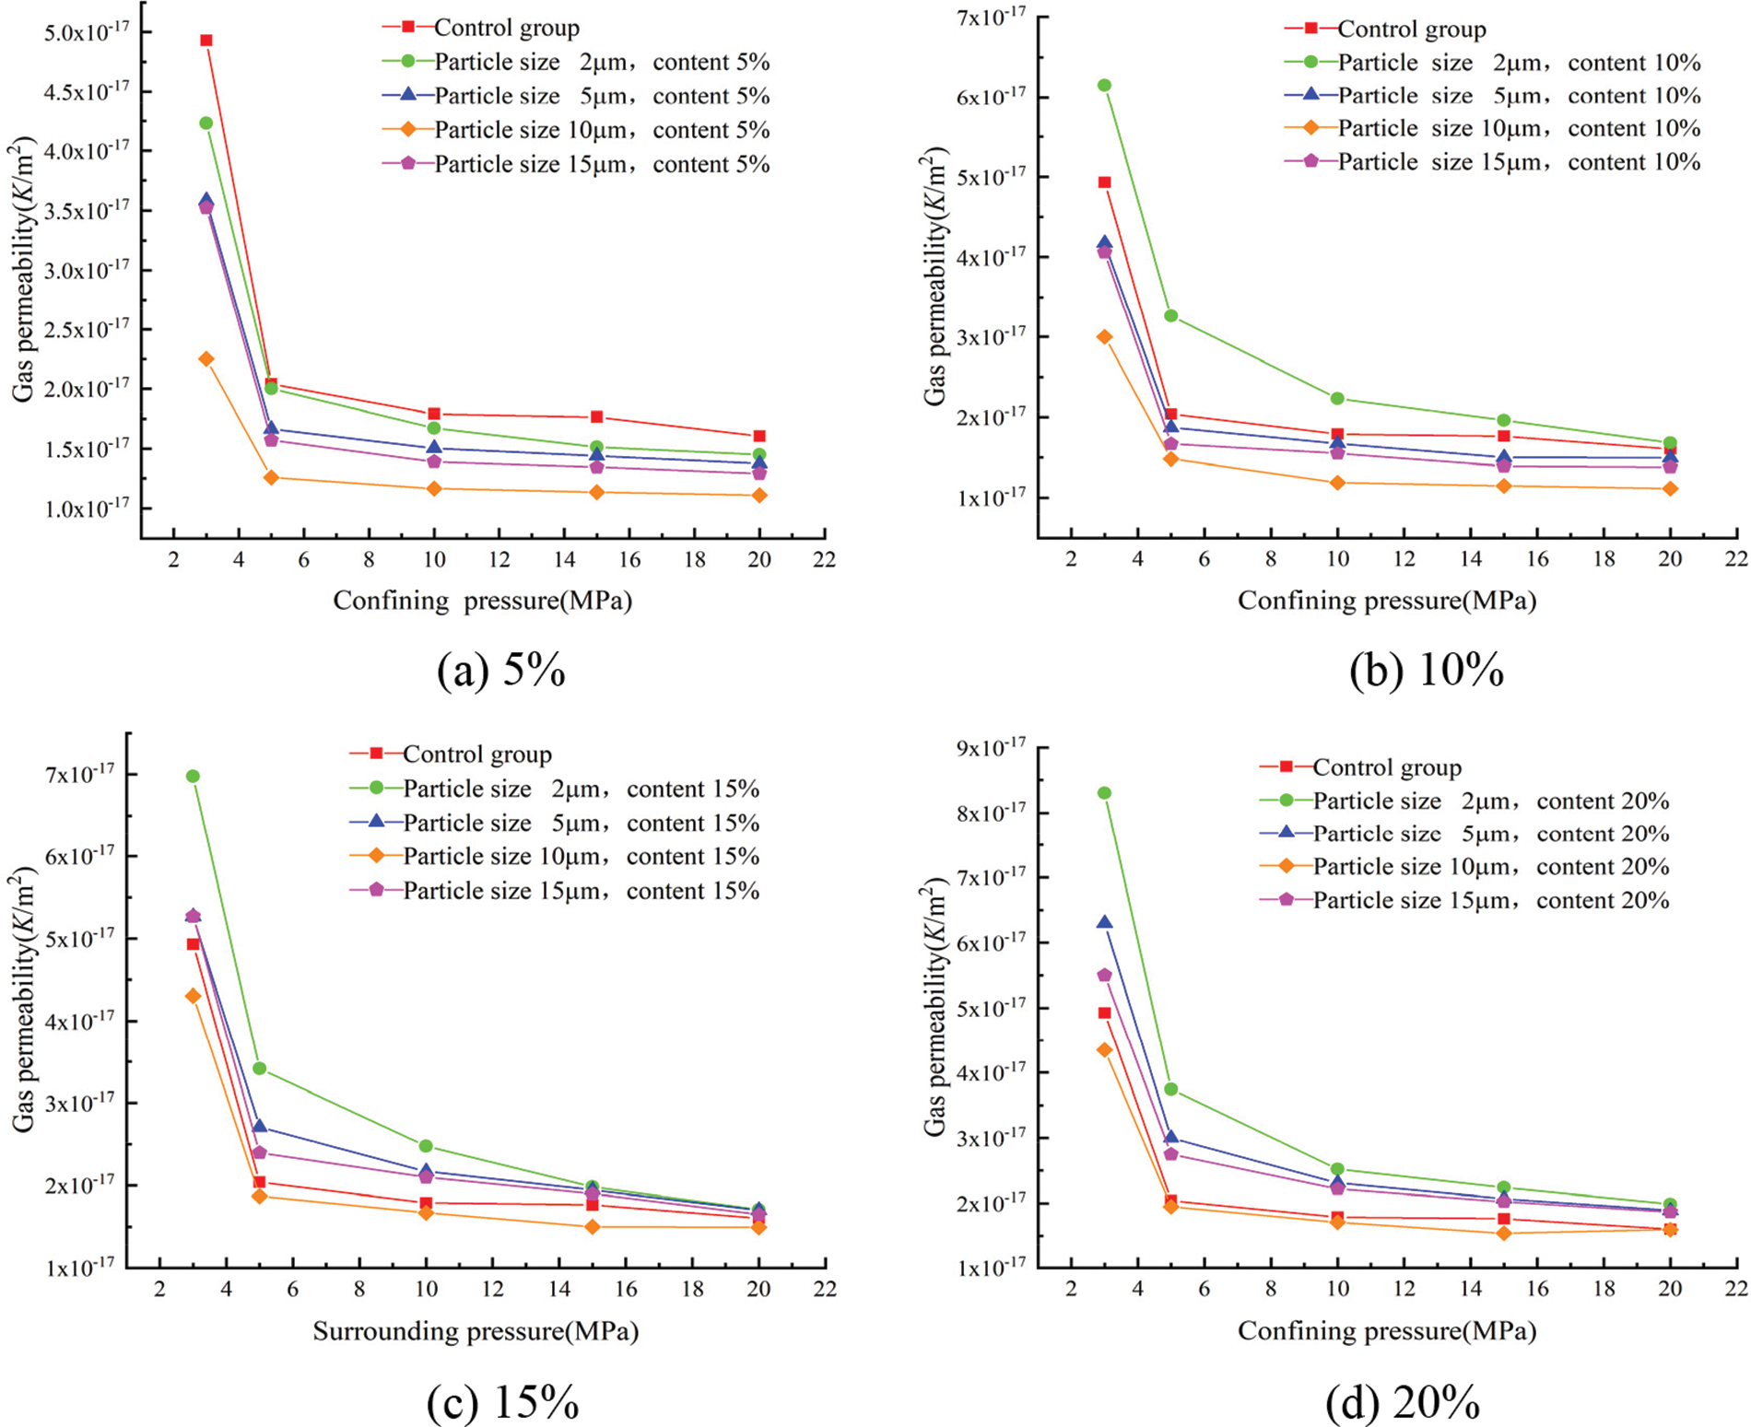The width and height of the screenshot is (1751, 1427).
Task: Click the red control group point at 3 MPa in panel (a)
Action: tap(206, 41)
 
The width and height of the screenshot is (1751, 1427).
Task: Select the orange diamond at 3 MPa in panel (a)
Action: tap(206, 359)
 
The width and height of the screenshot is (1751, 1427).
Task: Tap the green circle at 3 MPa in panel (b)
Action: tap(1104, 86)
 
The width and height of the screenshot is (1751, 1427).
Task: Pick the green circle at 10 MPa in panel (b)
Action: tap(1337, 399)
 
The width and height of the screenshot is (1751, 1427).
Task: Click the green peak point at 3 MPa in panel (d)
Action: tap(1104, 793)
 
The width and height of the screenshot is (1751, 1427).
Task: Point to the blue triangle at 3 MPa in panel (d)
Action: tap(1104, 923)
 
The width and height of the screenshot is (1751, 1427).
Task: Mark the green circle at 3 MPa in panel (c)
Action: tap(193, 777)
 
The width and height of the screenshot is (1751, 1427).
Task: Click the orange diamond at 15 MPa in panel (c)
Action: tap(593, 1227)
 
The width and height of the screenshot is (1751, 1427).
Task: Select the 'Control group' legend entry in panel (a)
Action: tap(506, 29)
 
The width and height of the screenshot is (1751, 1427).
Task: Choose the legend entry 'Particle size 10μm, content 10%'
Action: tap(1518, 129)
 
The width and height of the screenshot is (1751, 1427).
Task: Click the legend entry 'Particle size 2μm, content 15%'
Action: tap(581, 790)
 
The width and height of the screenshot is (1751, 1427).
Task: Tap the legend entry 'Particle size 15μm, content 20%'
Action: tap(1490, 901)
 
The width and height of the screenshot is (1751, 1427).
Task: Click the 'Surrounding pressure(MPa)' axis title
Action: tap(476, 1331)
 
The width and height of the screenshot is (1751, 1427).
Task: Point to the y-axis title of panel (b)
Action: tap(934, 276)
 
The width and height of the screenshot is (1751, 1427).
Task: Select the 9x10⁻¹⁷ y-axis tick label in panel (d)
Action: tap(991, 747)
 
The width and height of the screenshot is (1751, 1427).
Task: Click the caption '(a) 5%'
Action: tap(501, 671)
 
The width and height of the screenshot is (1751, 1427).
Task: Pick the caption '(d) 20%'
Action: tap(1404, 1403)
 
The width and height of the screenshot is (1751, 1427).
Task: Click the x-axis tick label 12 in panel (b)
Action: tap(1404, 559)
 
